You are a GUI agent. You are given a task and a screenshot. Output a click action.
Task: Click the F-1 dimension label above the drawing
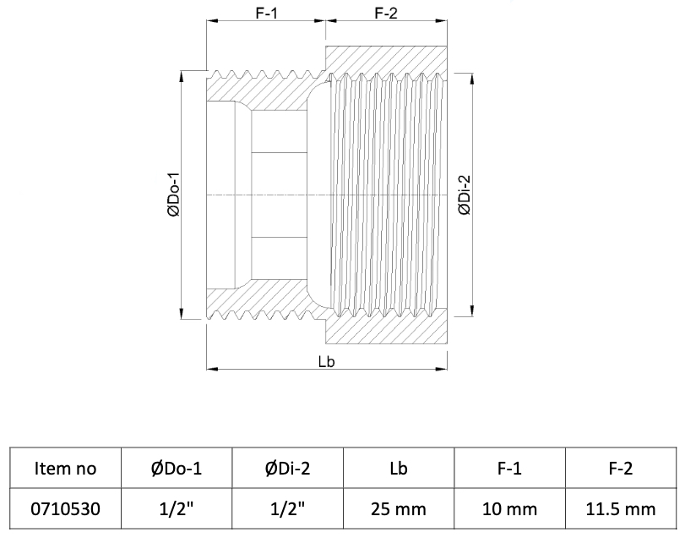pos(266,14)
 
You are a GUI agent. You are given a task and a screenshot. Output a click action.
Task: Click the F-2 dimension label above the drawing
pos(386,14)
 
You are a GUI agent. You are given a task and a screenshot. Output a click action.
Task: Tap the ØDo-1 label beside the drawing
pos(173,195)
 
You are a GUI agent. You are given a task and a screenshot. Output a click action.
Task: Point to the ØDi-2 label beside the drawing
pos(465,195)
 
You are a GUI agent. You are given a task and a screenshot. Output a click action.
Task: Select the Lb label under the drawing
pos(326,362)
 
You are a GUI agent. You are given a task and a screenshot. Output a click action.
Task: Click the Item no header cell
pos(66,469)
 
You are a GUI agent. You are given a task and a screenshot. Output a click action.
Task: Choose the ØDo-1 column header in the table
pos(177,469)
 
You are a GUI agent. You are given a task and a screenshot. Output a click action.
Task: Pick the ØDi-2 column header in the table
pos(287,469)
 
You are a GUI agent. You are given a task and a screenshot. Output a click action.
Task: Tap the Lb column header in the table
pos(399,469)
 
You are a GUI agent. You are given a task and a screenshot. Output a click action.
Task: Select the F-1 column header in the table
pos(509,469)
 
